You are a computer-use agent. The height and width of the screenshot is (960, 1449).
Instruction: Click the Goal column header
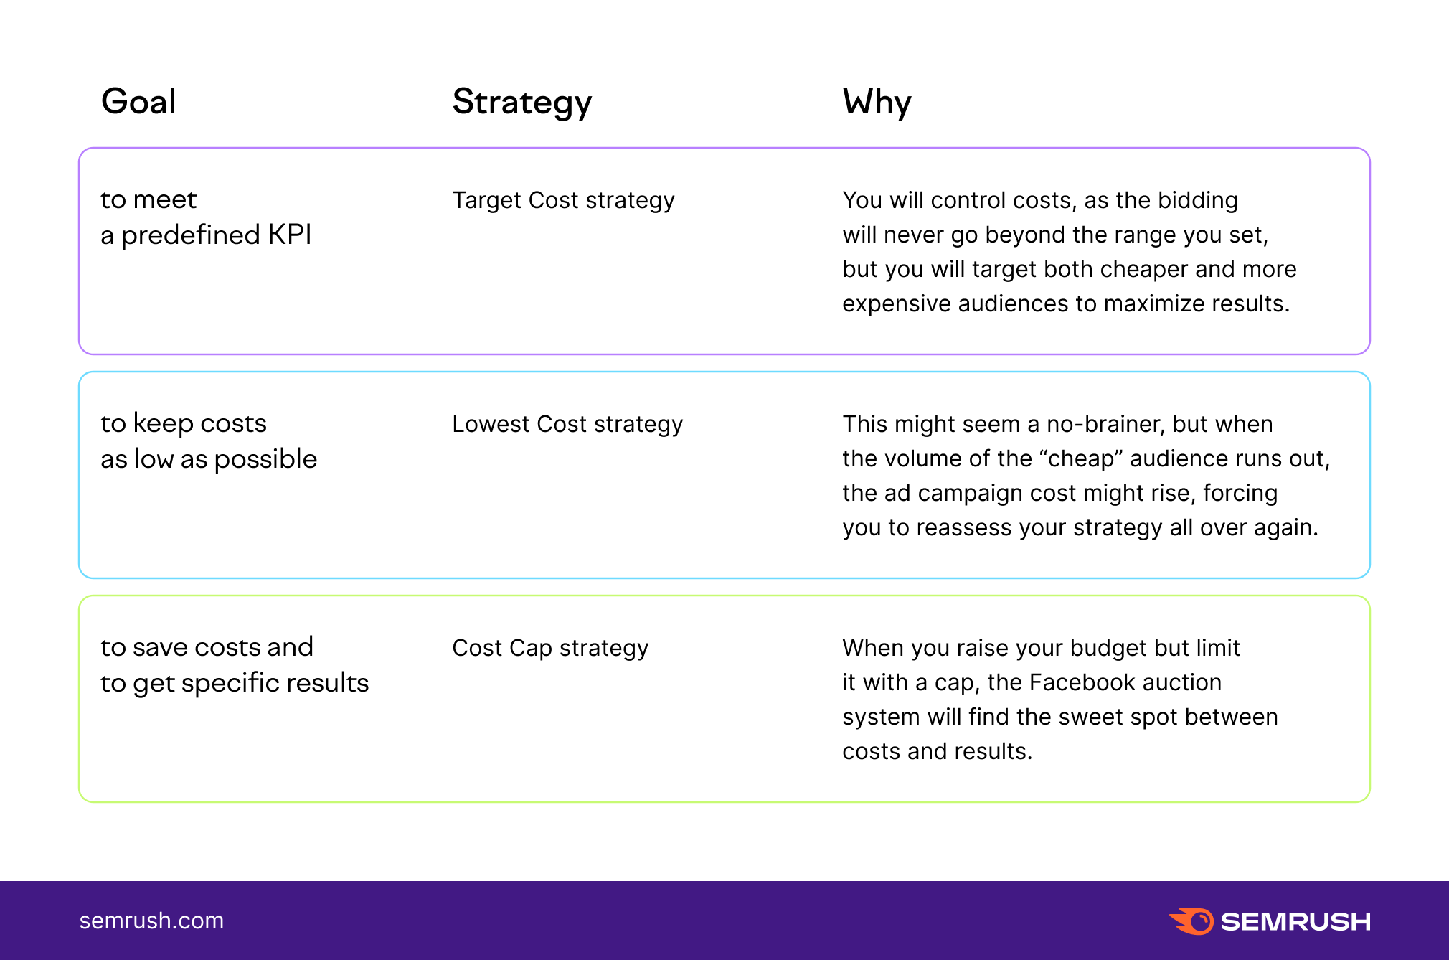click(x=138, y=101)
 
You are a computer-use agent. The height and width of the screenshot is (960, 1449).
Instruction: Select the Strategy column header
click(x=522, y=103)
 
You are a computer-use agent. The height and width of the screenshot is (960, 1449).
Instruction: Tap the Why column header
click(x=877, y=103)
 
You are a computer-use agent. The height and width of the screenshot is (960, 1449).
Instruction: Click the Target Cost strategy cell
click(x=563, y=200)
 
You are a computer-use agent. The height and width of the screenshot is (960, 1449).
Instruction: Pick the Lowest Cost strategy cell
click(x=567, y=424)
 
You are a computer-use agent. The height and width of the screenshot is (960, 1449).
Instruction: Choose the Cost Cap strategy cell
click(x=550, y=648)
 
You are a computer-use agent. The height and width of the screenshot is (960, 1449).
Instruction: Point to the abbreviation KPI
click(x=290, y=235)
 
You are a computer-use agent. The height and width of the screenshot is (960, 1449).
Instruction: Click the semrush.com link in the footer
click(x=151, y=921)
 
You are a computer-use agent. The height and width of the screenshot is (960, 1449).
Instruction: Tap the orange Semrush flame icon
click(x=1191, y=921)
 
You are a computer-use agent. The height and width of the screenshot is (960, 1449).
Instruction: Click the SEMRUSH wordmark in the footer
click(x=1295, y=922)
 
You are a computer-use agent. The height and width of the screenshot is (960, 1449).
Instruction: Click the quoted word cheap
click(x=1085, y=458)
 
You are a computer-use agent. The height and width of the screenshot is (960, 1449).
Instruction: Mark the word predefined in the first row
click(x=191, y=235)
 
